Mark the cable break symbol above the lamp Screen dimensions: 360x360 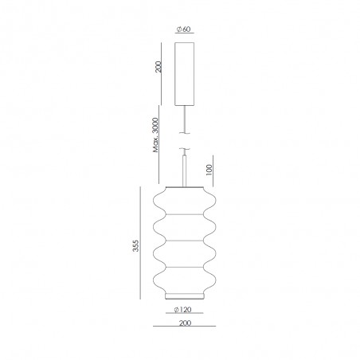[186, 149]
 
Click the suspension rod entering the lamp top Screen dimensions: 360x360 [186, 170]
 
